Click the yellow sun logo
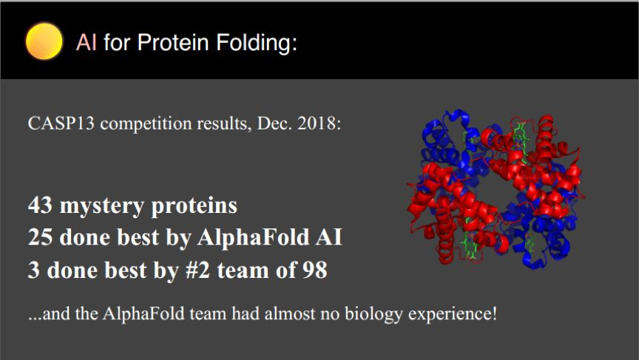point(44,41)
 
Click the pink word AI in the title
point(87,42)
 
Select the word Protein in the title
point(173,42)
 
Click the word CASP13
point(61,123)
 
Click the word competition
point(146,123)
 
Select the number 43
point(40,206)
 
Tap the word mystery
point(102,206)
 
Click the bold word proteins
point(194,206)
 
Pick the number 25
point(40,237)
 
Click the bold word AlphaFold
point(253,237)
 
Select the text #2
point(197,270)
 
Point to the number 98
point(314,270)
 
